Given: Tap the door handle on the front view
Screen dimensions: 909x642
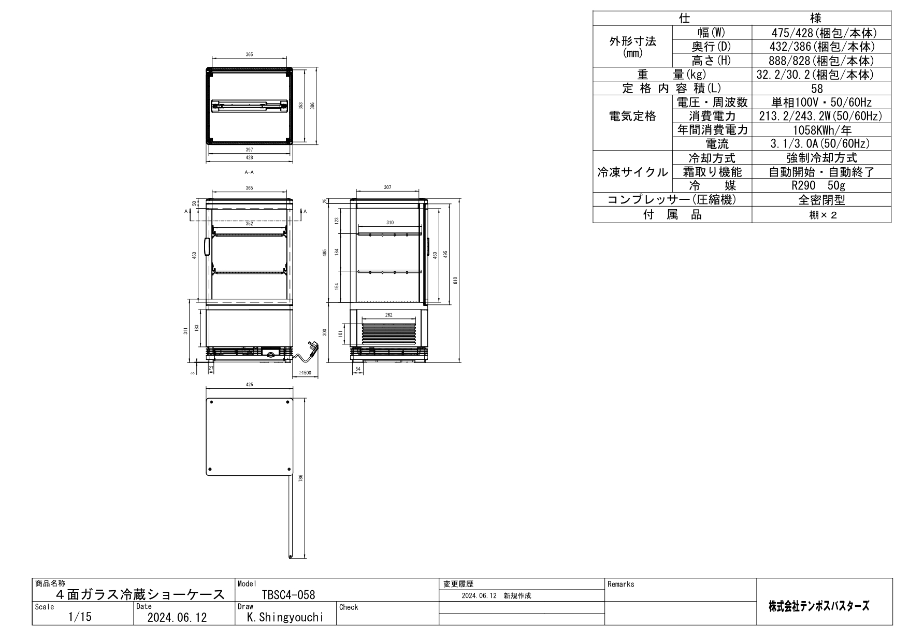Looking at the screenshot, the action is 207,247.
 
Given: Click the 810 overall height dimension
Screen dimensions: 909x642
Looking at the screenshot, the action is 455,280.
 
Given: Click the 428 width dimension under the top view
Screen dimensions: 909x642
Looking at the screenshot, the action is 250,157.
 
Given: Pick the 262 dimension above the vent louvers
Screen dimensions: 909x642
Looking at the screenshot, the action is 389,315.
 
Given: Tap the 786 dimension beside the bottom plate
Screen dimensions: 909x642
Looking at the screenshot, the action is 300,478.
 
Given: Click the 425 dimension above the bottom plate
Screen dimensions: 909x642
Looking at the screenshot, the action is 250,385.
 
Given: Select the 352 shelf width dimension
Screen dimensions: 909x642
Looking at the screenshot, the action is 249,224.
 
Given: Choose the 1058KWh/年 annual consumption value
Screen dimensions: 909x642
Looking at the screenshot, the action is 821,130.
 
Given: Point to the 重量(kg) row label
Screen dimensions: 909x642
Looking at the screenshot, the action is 672,75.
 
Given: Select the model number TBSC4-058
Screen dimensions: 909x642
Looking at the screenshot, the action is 288,595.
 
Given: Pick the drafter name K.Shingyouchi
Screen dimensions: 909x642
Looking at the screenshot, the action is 285,618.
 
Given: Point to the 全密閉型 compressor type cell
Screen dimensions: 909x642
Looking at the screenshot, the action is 821,200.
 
